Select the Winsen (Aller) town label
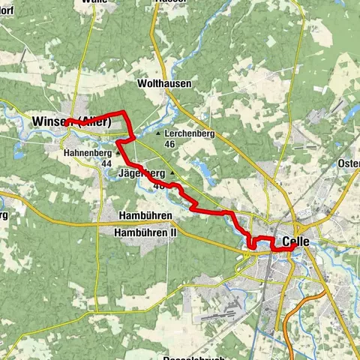[x=72, y=121]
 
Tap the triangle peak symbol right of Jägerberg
[x=172, y=172]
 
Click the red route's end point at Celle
[x=295, y=248]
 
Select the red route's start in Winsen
[x=67, y=122]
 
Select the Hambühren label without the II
[x=145, y=216]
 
